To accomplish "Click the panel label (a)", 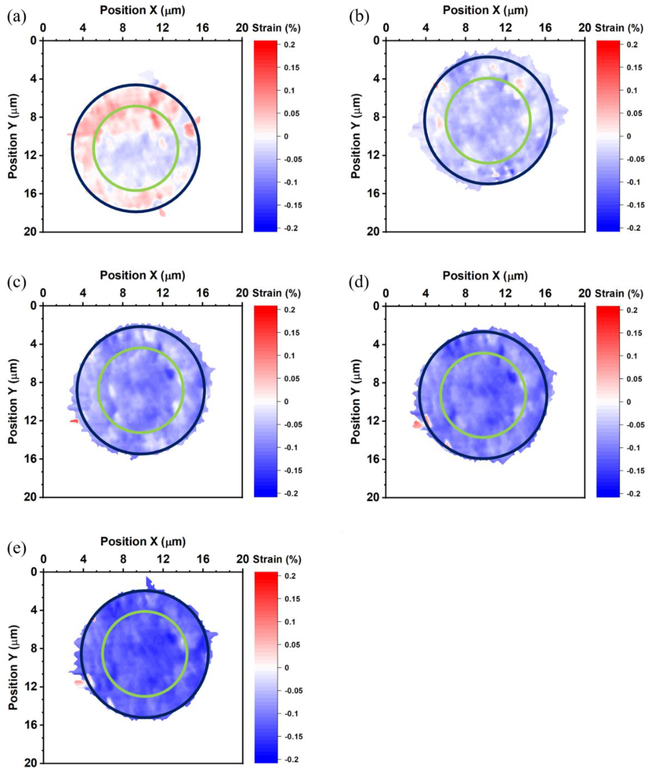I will point(16,17).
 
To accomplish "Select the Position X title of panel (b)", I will point(485,11).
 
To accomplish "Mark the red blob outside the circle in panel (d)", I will point(417,424).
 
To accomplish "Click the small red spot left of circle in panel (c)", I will point(74,421).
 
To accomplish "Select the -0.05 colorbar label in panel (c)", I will point(293,424).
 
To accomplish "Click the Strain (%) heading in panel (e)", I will point(277,559).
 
